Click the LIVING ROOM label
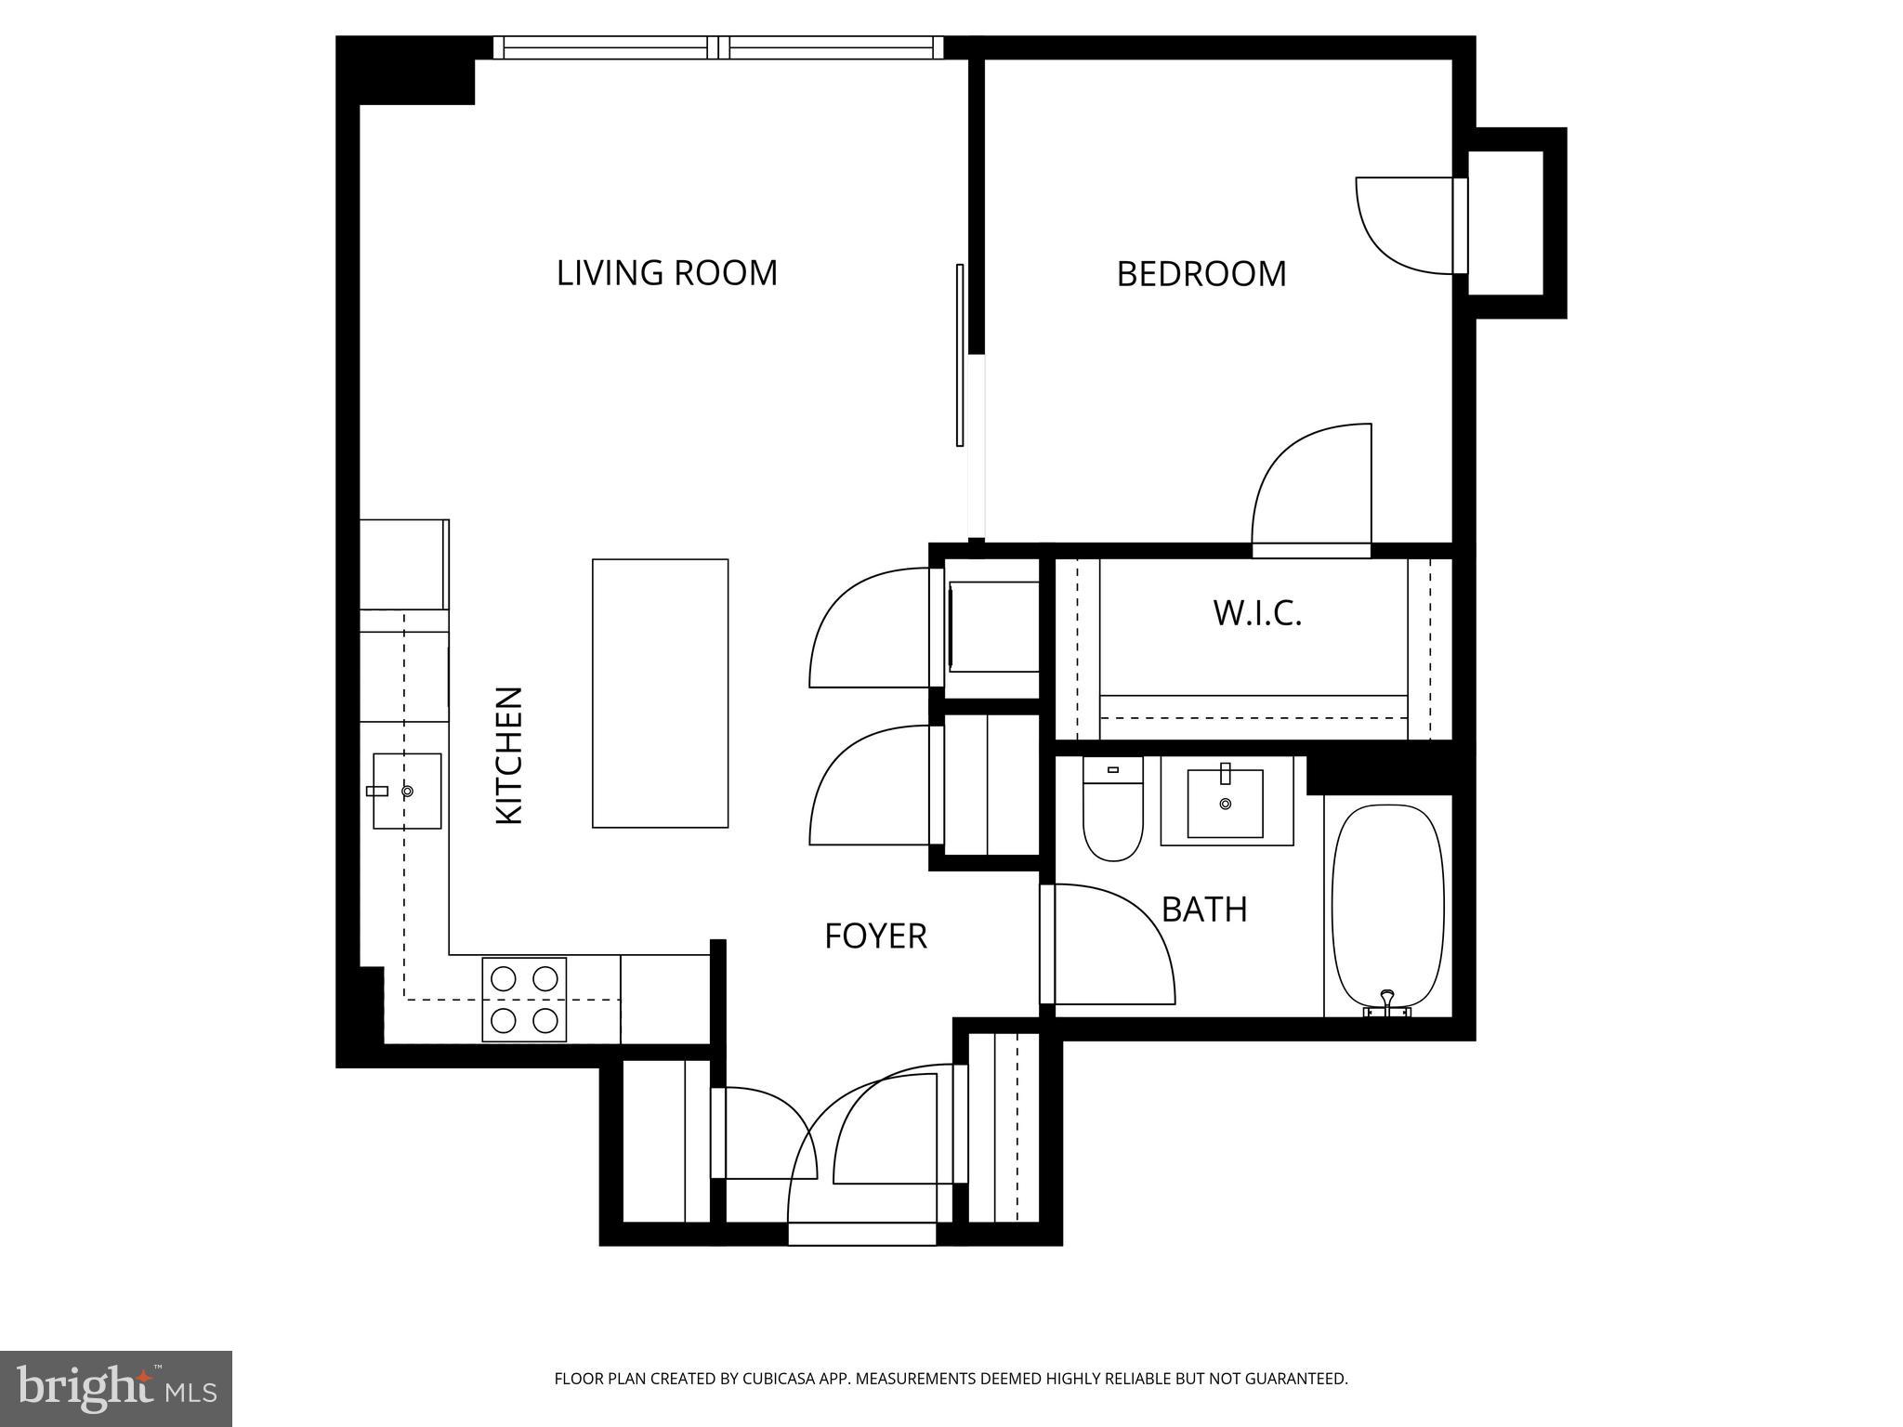(666, 273)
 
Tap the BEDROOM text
(1201, 274)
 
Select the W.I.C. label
(1257, 613)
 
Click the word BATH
(1204, 910)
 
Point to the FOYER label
(875, 936)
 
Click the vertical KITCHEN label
(509, 754)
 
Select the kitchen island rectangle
(660, 692)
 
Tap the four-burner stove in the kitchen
(524, 999)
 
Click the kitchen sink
(407, 791)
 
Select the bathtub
(1387, 906)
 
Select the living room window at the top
(717, 47)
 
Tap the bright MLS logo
(116, 1388)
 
